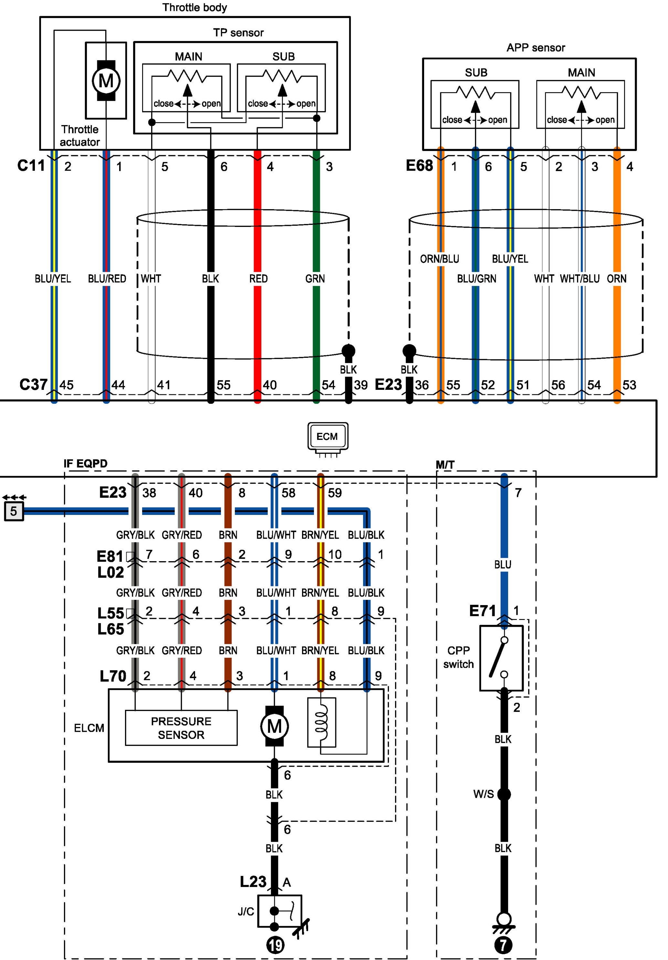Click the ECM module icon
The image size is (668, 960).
point(328,439)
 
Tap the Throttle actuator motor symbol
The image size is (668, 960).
point(106,80)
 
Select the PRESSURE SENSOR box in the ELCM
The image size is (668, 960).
point(181,728)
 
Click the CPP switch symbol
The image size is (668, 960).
point(501,658)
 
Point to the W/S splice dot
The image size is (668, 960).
point(504,794)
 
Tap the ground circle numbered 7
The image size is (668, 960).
point(503,945)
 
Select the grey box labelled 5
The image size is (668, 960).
point(14,511)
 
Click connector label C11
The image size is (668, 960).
point(31,165)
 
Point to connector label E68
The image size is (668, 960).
point(419,165)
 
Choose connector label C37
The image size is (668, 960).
point(33,384)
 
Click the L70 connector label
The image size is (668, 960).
point(113,676)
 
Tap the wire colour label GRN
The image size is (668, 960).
point(315,279)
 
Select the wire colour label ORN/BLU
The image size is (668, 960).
point(440,259)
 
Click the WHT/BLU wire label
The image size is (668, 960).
point(579,279)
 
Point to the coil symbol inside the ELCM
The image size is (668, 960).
point(322,722)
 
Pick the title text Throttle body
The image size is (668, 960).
point(195,7)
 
